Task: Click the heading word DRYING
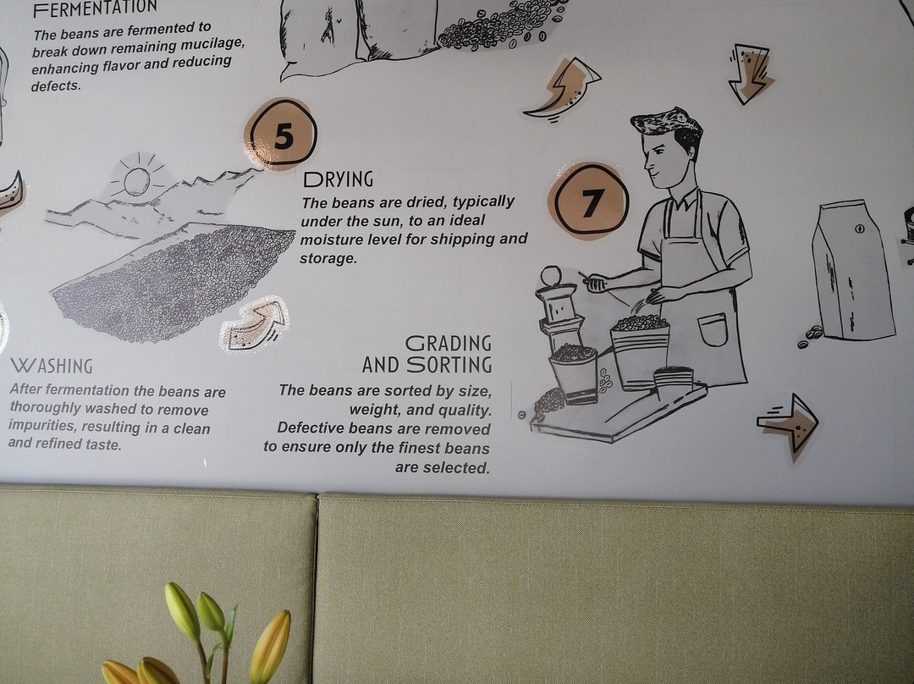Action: pos(338,179)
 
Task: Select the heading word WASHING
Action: pos(52,366)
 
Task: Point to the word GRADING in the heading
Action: pos(449,344)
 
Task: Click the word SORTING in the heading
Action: pos(449,365)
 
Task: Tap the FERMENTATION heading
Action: pos(95,8)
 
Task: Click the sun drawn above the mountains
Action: pos(136,180)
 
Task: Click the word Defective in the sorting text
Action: pos(310,428)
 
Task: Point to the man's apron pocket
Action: pos(713,329)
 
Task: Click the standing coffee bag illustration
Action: pos(852,270)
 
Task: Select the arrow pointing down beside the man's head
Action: pos(750,74)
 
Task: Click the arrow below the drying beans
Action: pos(254,324)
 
